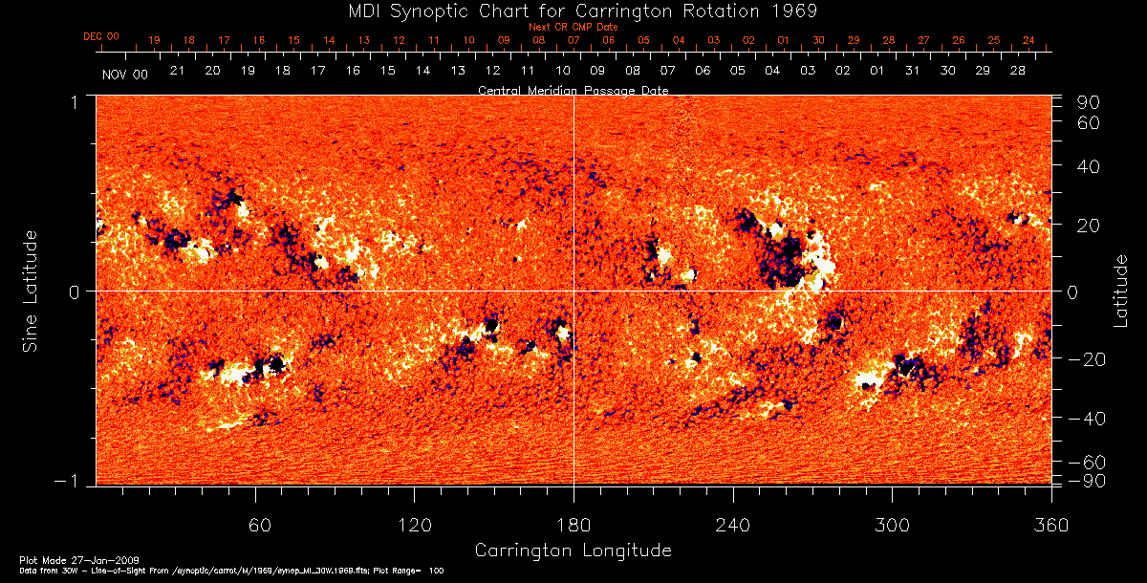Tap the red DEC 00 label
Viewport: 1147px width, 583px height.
[101, 36]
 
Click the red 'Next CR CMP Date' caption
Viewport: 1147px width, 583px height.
[573, 27]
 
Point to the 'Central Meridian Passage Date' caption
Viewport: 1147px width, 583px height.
[573, 90]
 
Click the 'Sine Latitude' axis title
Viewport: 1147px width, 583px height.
[31, 290]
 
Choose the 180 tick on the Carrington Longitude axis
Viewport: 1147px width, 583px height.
[573, 525]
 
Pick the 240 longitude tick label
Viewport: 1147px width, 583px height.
[732, 525]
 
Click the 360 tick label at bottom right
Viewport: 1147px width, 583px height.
[1050, 525]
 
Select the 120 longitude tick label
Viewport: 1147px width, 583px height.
[415, 525]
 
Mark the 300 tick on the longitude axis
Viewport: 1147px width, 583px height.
[891, 525]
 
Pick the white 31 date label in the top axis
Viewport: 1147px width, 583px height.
[913, 72]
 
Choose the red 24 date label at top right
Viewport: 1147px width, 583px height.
[1028, 40]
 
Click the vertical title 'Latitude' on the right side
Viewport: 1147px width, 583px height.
[1120, 290]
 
